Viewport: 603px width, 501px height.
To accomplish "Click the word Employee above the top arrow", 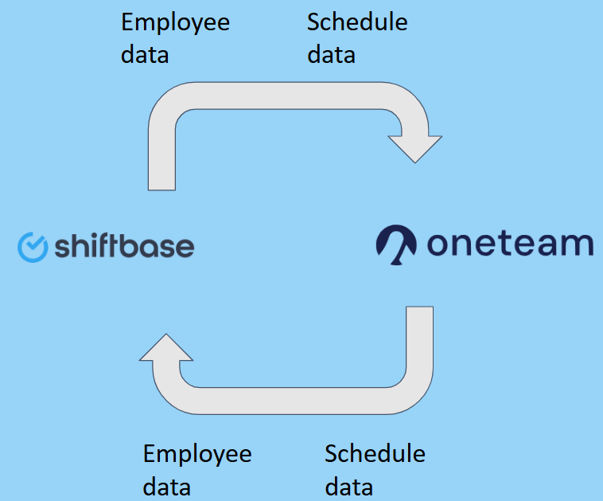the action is tap(175, 23).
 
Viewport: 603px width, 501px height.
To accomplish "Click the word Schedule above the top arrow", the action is tap(357, 22).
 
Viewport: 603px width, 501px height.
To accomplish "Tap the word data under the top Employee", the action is tap(145, 54).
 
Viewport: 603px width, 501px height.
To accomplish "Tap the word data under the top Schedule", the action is tap(331, 54).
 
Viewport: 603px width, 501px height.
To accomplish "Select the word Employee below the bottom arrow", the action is tap(197, 455).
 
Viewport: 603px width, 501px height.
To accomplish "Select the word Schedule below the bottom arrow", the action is tap(375, 454).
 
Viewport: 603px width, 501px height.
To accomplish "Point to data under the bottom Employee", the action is tap(166, 487).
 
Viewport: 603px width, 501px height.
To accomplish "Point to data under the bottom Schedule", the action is tap(348, 487).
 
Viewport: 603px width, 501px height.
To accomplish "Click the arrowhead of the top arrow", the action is tap(415, 149).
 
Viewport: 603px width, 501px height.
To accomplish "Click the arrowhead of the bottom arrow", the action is tap(166, 348).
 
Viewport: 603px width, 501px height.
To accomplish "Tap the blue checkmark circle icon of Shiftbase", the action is tap(33, 247).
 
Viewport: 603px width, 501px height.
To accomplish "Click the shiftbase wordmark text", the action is tap(124, 245).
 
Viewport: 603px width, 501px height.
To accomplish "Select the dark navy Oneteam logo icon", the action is tap(396, 245).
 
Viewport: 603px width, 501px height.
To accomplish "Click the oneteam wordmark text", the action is tap(510, 244).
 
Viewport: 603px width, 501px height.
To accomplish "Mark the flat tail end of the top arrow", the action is tap(162, 190).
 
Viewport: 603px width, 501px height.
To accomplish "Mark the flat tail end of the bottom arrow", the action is tap(419, 307).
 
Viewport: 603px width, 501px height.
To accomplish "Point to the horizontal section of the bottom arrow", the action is tap(292, 401).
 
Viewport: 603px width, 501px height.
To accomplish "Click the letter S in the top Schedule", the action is tap(313, 22).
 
